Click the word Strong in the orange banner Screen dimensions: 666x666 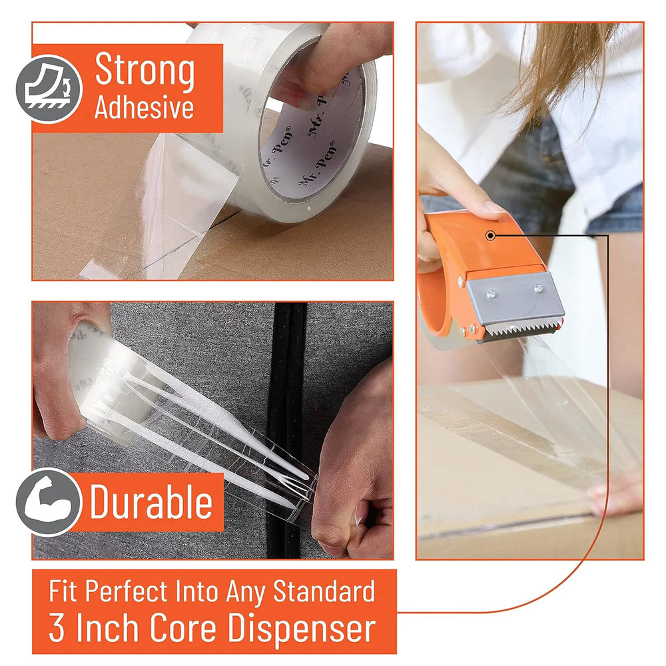coord(145,71)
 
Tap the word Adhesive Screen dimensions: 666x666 coord(145,107)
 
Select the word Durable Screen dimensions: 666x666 coord(151,501)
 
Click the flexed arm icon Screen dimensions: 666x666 coord(48,501)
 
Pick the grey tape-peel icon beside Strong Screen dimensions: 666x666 coord(49,89)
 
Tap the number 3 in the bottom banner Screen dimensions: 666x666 coord(57,628)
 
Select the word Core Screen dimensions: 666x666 coord(183,628)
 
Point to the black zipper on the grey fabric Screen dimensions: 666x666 coord(287,429)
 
